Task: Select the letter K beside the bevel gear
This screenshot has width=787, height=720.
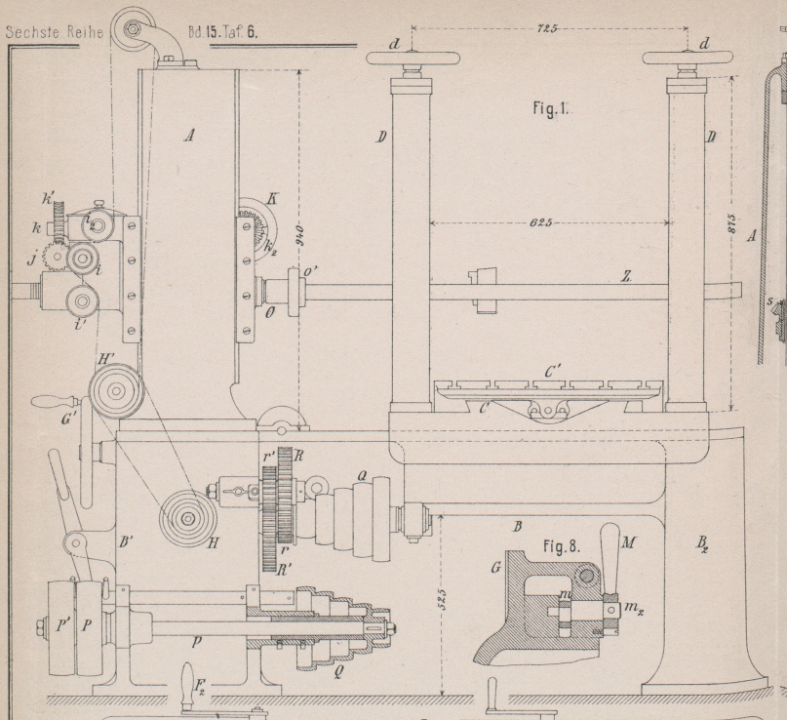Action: [x=270, y=197]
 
